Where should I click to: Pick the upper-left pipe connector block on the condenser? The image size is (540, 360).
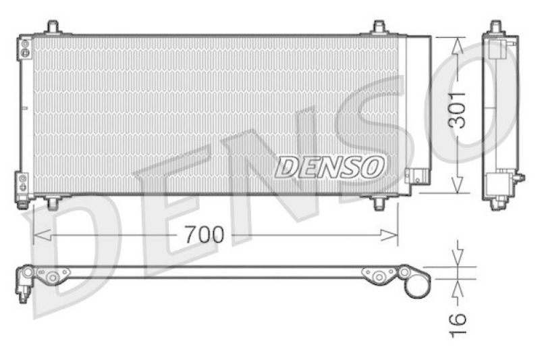24,48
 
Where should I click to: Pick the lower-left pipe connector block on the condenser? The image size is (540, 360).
24,183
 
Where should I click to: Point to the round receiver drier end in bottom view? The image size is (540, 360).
417,284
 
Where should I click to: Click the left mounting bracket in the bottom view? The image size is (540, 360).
53,276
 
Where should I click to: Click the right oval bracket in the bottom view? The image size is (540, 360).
379,274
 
